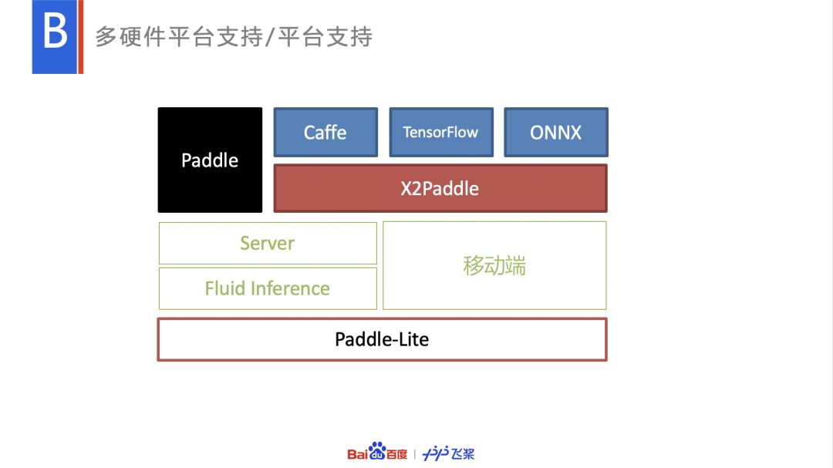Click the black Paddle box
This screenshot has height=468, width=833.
(x=210, y=160)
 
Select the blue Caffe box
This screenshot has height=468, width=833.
(x=325, y=133)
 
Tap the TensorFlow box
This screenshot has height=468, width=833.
(x=440, y=133)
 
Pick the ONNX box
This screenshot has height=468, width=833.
(x=555, y=133)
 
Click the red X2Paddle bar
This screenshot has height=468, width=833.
(x=440, y=189)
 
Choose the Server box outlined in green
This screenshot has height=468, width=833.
(x=267, y=244)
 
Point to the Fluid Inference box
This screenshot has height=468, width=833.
(x=267, y=289)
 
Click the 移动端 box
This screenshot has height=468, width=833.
(x=494, y=266)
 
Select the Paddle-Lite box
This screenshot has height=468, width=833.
(x=382, y=339)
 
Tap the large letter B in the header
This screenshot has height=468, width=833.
(x=54, y=35)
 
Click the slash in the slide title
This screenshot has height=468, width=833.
(x=270, y=37)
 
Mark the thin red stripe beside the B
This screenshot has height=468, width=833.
(x=80, y=37)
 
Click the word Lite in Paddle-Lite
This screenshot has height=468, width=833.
(x=412, y=339)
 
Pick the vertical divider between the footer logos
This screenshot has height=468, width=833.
(x=415, y=454)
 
